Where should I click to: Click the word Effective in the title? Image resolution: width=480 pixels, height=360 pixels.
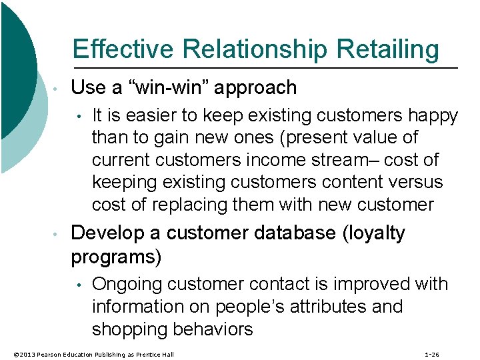pos(122,49)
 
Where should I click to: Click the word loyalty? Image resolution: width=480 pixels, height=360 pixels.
pos(376,233)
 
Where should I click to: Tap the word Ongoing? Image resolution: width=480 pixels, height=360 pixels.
pos(128,284)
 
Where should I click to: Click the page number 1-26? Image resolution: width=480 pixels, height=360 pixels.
pos(431,354)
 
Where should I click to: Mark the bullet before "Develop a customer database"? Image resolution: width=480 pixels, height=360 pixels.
pos(58,235)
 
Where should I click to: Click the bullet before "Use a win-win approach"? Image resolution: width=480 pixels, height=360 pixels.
pos(58,89)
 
